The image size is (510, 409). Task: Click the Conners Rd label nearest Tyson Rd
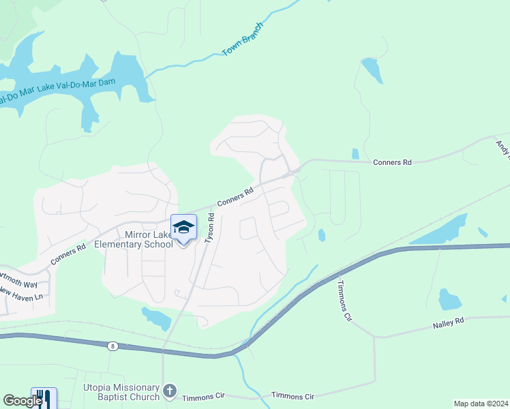(x=235, y=198)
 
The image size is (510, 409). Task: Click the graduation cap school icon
(x=183, y=228)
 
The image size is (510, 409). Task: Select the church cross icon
(x=170, y=391)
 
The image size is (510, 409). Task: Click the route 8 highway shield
(x=112, y=346)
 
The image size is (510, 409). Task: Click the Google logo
(x=22, y=401)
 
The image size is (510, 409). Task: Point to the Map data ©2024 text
(x=481, y=404)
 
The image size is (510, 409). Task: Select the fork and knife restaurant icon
(x=44, y=398)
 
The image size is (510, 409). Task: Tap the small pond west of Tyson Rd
(x=156, y=317)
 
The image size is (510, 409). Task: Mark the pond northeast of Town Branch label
(x=372, y=70)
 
